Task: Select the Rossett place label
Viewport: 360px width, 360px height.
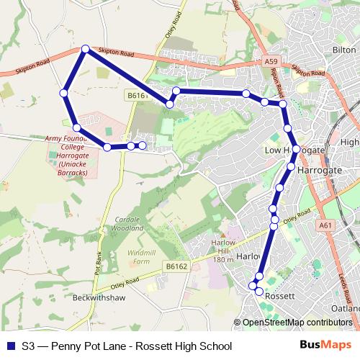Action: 276,296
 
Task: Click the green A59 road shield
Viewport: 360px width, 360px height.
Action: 271,63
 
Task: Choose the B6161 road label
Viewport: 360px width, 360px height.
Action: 138,95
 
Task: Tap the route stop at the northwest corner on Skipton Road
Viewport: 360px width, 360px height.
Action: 85,49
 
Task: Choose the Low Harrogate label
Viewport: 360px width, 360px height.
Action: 292,150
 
